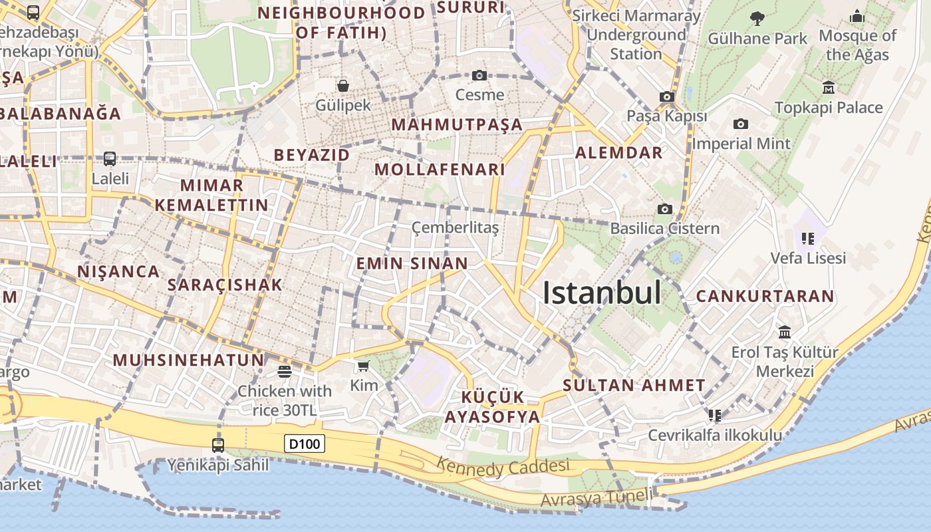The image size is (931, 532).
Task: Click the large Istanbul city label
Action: [602, 293]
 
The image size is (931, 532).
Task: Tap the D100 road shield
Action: [305, 444]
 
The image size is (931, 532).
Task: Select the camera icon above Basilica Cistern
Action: [664, 209]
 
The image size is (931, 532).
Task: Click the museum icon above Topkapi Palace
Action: [829, 87]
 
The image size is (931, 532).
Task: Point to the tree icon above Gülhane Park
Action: [757, 18]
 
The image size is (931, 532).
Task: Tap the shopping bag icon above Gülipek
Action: [343, 86]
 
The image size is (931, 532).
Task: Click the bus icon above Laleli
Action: [110, 159]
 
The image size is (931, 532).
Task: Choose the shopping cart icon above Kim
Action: [363, 366]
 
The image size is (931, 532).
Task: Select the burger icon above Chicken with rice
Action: [285, 372]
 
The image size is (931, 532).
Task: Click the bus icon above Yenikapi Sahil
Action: [218, 445]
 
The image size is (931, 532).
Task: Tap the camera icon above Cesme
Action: [479, 76]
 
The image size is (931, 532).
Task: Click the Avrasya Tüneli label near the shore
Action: [597, 497]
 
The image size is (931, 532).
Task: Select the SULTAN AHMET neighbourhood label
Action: [634, 385]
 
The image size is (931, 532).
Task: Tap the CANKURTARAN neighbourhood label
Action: [765, 297]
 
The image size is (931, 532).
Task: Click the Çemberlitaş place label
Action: [455, 228]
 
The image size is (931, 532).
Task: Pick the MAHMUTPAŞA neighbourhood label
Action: [457, 125]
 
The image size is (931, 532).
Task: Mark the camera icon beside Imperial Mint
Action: [740, 124]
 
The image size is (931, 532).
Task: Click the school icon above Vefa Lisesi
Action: [808, 238]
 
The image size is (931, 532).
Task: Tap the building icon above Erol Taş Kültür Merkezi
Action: [785, 332]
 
